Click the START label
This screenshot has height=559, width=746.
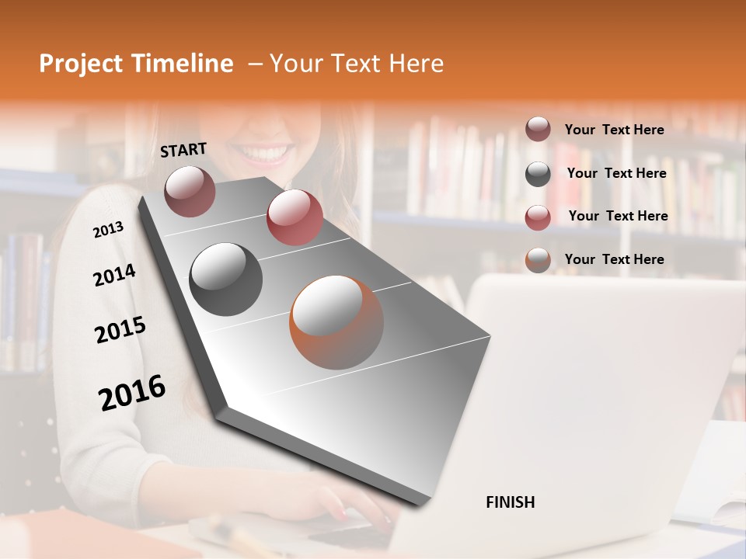tap(183, 150)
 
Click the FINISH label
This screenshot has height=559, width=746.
tap(510, 502)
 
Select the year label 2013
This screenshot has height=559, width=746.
tap(108, 230)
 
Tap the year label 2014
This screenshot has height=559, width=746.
tap(114, 275)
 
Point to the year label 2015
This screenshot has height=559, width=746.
tap(120, 330)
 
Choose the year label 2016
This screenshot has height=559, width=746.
tap(132, 392)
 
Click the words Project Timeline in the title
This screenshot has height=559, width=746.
tap(136, 64)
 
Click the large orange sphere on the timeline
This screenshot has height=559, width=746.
tap(336, 322)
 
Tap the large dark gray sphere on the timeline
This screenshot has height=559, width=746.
tap(226, 279)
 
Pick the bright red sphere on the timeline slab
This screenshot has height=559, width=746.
tap(295, 217)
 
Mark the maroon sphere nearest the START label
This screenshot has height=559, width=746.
tap(190, 191)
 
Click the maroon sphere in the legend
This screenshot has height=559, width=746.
tap(538, 130)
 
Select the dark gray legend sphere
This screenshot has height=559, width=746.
tap(538, 174)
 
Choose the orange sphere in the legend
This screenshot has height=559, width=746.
tap(538, 260)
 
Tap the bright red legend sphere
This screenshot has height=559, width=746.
tap(538, 217)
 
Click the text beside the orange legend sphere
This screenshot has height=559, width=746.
tap(614, 259)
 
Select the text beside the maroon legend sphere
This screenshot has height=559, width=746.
tap(614, 130)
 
